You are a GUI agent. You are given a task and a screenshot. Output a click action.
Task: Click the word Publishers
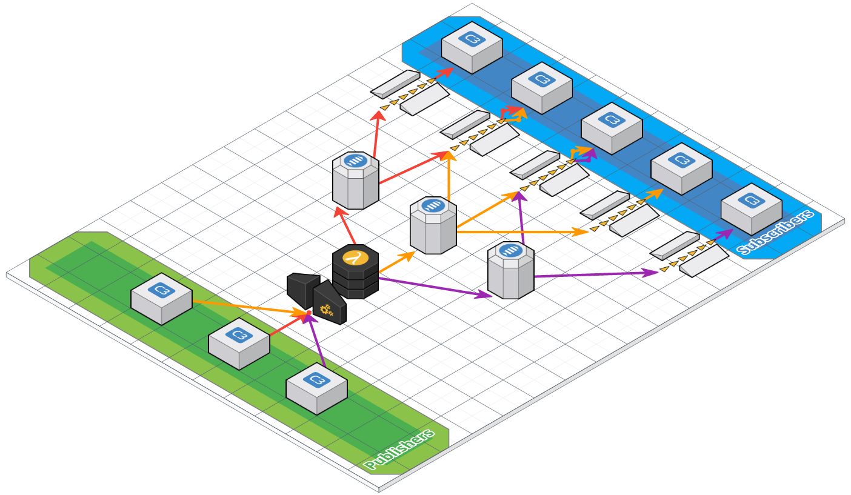coord(400,450)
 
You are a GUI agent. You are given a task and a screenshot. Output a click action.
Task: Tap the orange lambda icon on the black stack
coord(355,257)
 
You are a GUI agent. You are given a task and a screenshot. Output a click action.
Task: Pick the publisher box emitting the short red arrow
coord(239,342)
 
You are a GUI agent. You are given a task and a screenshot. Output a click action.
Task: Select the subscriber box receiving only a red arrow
coord(472,47)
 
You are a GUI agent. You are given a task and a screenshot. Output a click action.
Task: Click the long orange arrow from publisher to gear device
coord(249,307)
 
